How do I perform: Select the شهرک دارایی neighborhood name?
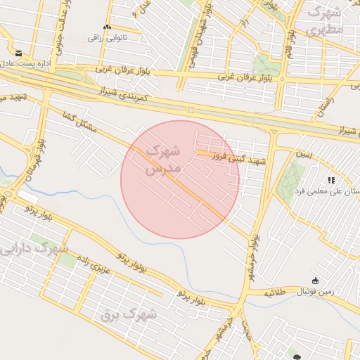[34, 248]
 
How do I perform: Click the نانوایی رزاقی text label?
[106, 37]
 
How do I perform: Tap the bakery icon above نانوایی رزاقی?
[107, 27]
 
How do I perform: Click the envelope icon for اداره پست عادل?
[18, 53]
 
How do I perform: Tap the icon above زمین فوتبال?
[315, 281]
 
